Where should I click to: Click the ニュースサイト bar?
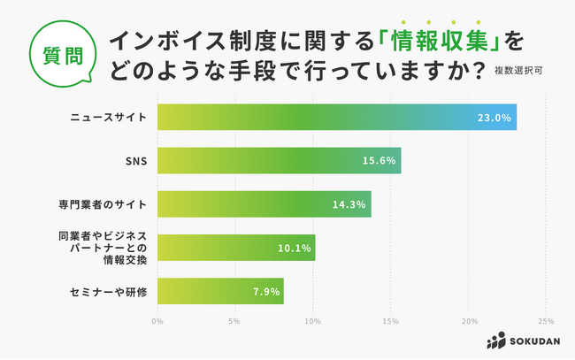pyautogui.click(x=336, y=117)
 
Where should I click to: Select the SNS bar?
pyautogui.click(x=279, y=160)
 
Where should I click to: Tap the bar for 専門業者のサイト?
pyautogui.click(x=264, y=203)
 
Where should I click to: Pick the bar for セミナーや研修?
pyautogui.click(x=220, y=290)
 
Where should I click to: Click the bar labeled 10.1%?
pyautogui.click(x=236, y=248)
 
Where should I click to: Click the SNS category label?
pyautogui.click(x=136, y=160)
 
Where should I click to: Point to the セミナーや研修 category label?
pyautogui.click(x=109, y=290)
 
